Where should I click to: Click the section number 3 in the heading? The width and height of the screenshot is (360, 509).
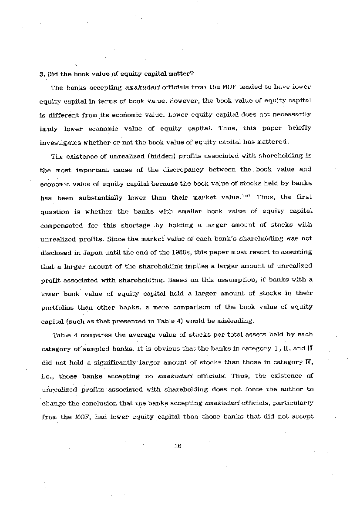(x=42, y=74)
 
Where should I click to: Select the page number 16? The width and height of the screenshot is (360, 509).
(x=177, y=446)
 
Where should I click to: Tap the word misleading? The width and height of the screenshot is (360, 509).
(x=236, y=321)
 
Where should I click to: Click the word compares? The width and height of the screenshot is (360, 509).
(x=90, y=335)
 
